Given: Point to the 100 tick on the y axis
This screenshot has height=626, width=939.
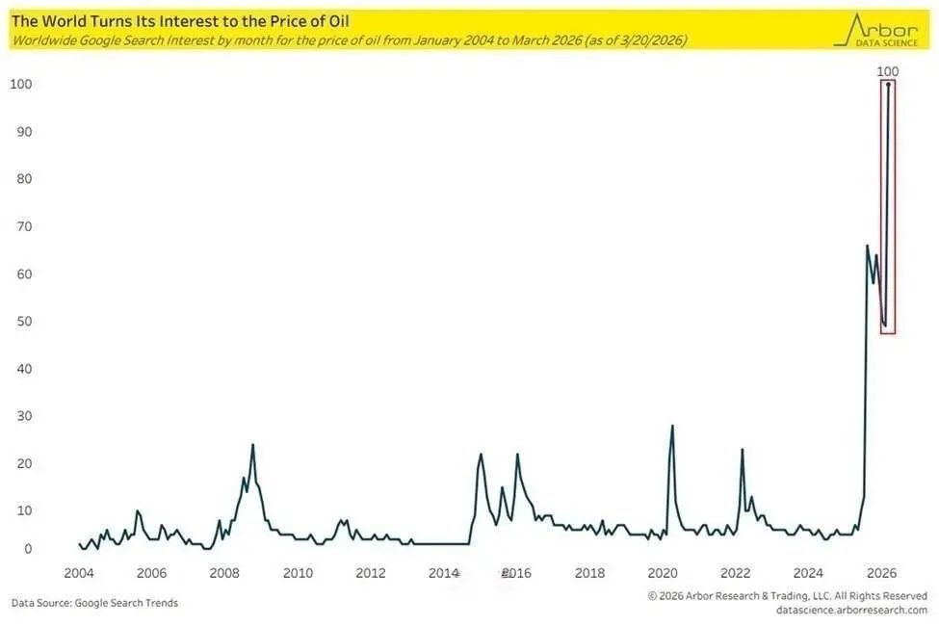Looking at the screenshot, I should [x=21, y=85].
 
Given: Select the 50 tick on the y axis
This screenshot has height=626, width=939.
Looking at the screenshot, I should [x=21, y=322].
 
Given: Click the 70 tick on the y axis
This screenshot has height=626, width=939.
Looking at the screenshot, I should [x=21, y=227].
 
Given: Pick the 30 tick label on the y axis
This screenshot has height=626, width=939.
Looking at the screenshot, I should [x=21, y=416].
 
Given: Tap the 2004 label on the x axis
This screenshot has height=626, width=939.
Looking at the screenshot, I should [x=79, y=573].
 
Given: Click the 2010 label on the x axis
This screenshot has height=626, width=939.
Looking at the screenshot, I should [x=299, y=573].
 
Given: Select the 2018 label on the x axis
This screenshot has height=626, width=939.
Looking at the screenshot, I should [x=590, y=573].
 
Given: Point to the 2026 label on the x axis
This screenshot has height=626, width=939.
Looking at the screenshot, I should [x=883, y=573].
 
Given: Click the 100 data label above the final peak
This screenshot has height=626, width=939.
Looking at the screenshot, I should [x=888, y=71].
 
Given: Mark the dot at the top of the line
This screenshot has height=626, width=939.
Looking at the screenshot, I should [x=888, y=85].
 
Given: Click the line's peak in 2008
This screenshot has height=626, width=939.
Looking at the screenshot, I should [x=252, y=445].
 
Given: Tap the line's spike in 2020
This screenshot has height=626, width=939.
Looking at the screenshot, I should [x=672, y=426].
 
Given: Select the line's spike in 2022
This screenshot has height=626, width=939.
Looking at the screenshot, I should [x=743, y=450].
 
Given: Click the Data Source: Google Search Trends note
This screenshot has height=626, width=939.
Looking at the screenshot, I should [x=94, y=603].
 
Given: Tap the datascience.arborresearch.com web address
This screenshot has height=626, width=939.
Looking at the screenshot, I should [x=851, y=610].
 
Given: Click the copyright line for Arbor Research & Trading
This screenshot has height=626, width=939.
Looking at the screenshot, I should [x=787, y=596].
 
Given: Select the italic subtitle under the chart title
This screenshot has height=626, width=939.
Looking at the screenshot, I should [x=349, y=40].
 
